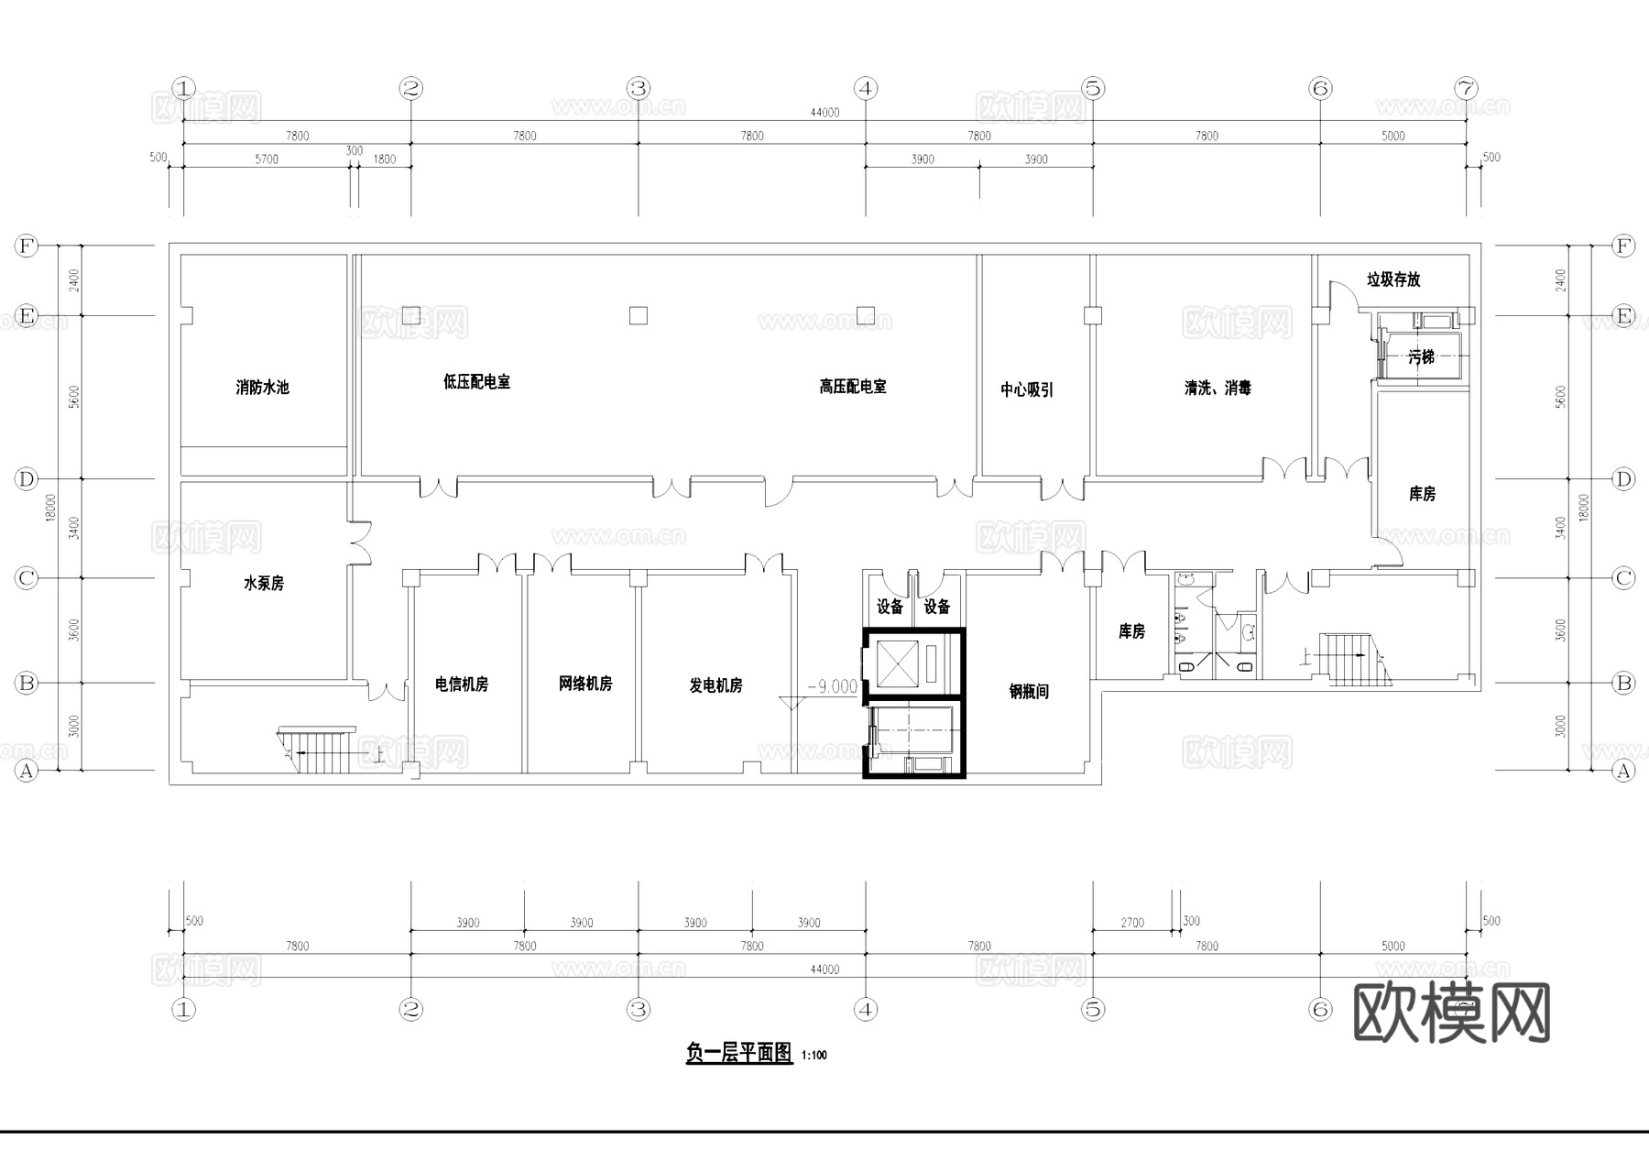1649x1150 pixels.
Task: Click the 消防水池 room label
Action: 262,388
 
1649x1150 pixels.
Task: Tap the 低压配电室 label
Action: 476,382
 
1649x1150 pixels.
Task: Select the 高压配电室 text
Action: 852,387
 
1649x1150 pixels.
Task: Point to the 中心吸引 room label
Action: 1026,390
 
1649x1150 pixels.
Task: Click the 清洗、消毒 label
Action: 1217,389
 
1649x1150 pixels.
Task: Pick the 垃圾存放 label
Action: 1392,279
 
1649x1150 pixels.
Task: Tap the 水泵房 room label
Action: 263,584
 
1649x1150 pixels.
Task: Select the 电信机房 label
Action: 461,685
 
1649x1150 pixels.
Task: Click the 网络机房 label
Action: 584,684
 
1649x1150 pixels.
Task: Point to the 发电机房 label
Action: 715,685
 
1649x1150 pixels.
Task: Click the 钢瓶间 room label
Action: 1029,692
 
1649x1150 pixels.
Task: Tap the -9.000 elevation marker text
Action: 832,686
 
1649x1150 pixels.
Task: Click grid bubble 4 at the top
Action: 866,89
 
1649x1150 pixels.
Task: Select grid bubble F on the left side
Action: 26,246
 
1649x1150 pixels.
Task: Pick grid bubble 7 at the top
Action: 1466,89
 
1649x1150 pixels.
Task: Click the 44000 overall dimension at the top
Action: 824,113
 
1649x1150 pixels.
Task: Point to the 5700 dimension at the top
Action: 267,159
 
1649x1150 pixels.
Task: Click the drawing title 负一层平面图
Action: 738,1053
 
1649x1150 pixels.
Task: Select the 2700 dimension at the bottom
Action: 1132,923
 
